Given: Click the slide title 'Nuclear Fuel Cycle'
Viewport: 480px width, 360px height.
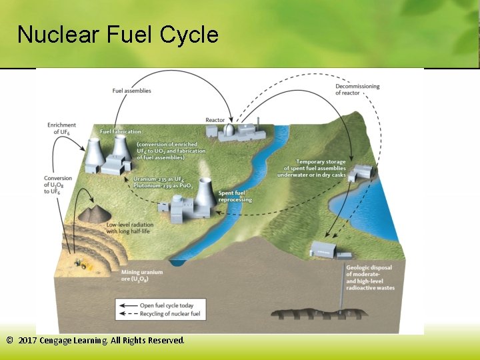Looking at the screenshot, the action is (118, 34).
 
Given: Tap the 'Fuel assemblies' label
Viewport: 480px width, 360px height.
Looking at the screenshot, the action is (131, 91).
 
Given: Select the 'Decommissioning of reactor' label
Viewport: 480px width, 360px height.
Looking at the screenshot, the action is (357, 89).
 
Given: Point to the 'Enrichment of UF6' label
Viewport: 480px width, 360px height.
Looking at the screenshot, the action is (61, 129).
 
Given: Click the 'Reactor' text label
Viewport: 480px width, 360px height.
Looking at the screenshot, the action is (215, 120).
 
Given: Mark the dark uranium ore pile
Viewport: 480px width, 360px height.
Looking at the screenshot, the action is (95, 213).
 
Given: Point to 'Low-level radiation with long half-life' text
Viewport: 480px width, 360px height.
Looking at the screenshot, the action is (131, 227).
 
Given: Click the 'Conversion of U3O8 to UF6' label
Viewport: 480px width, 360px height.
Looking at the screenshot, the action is (58, 185).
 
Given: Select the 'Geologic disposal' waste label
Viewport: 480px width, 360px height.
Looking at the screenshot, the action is (370, 278).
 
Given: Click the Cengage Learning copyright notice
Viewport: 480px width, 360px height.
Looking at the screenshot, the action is (95, 341).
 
